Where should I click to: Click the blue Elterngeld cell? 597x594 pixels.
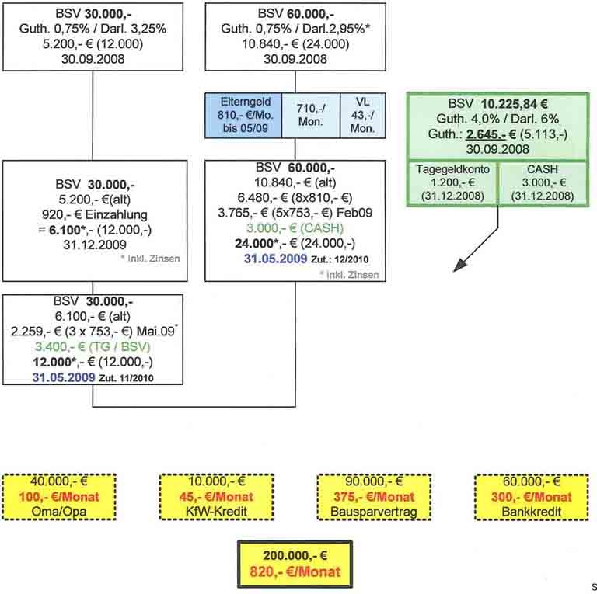(242, 116)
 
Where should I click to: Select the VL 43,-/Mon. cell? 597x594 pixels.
(362, 116)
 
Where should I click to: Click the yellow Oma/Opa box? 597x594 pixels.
(59, 496)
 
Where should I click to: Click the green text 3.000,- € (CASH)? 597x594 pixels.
(295, 228)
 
